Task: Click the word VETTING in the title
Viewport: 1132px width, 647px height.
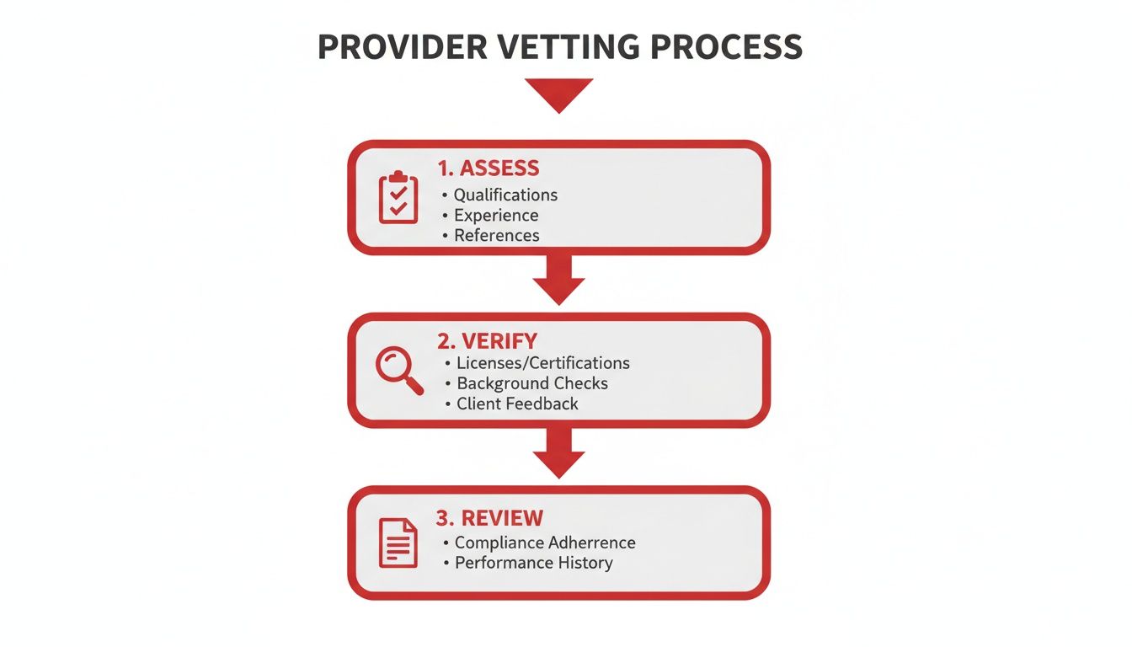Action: point(556,47)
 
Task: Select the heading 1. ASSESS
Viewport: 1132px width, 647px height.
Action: point(489,167)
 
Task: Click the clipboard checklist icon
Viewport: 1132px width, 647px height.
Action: point(398,198)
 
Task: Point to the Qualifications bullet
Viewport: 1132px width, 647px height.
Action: point(505,195)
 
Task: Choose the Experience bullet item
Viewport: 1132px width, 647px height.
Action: point(496,215)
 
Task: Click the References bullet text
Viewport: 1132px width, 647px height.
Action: point(496,235)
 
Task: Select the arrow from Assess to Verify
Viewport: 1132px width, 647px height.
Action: point(559,280)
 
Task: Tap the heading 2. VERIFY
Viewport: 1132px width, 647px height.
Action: point(487,340)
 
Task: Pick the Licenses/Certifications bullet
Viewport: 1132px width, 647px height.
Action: point(542,363)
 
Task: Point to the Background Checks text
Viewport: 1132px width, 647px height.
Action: point(531,383)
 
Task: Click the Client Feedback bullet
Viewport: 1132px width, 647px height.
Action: point(517,404)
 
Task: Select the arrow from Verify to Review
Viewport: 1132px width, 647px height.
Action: point(559,453)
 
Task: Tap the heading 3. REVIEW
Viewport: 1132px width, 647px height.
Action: point(490,517)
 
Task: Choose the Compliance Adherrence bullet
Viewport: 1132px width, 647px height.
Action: point(545,543)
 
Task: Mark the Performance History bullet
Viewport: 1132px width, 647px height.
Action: point(533,563)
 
